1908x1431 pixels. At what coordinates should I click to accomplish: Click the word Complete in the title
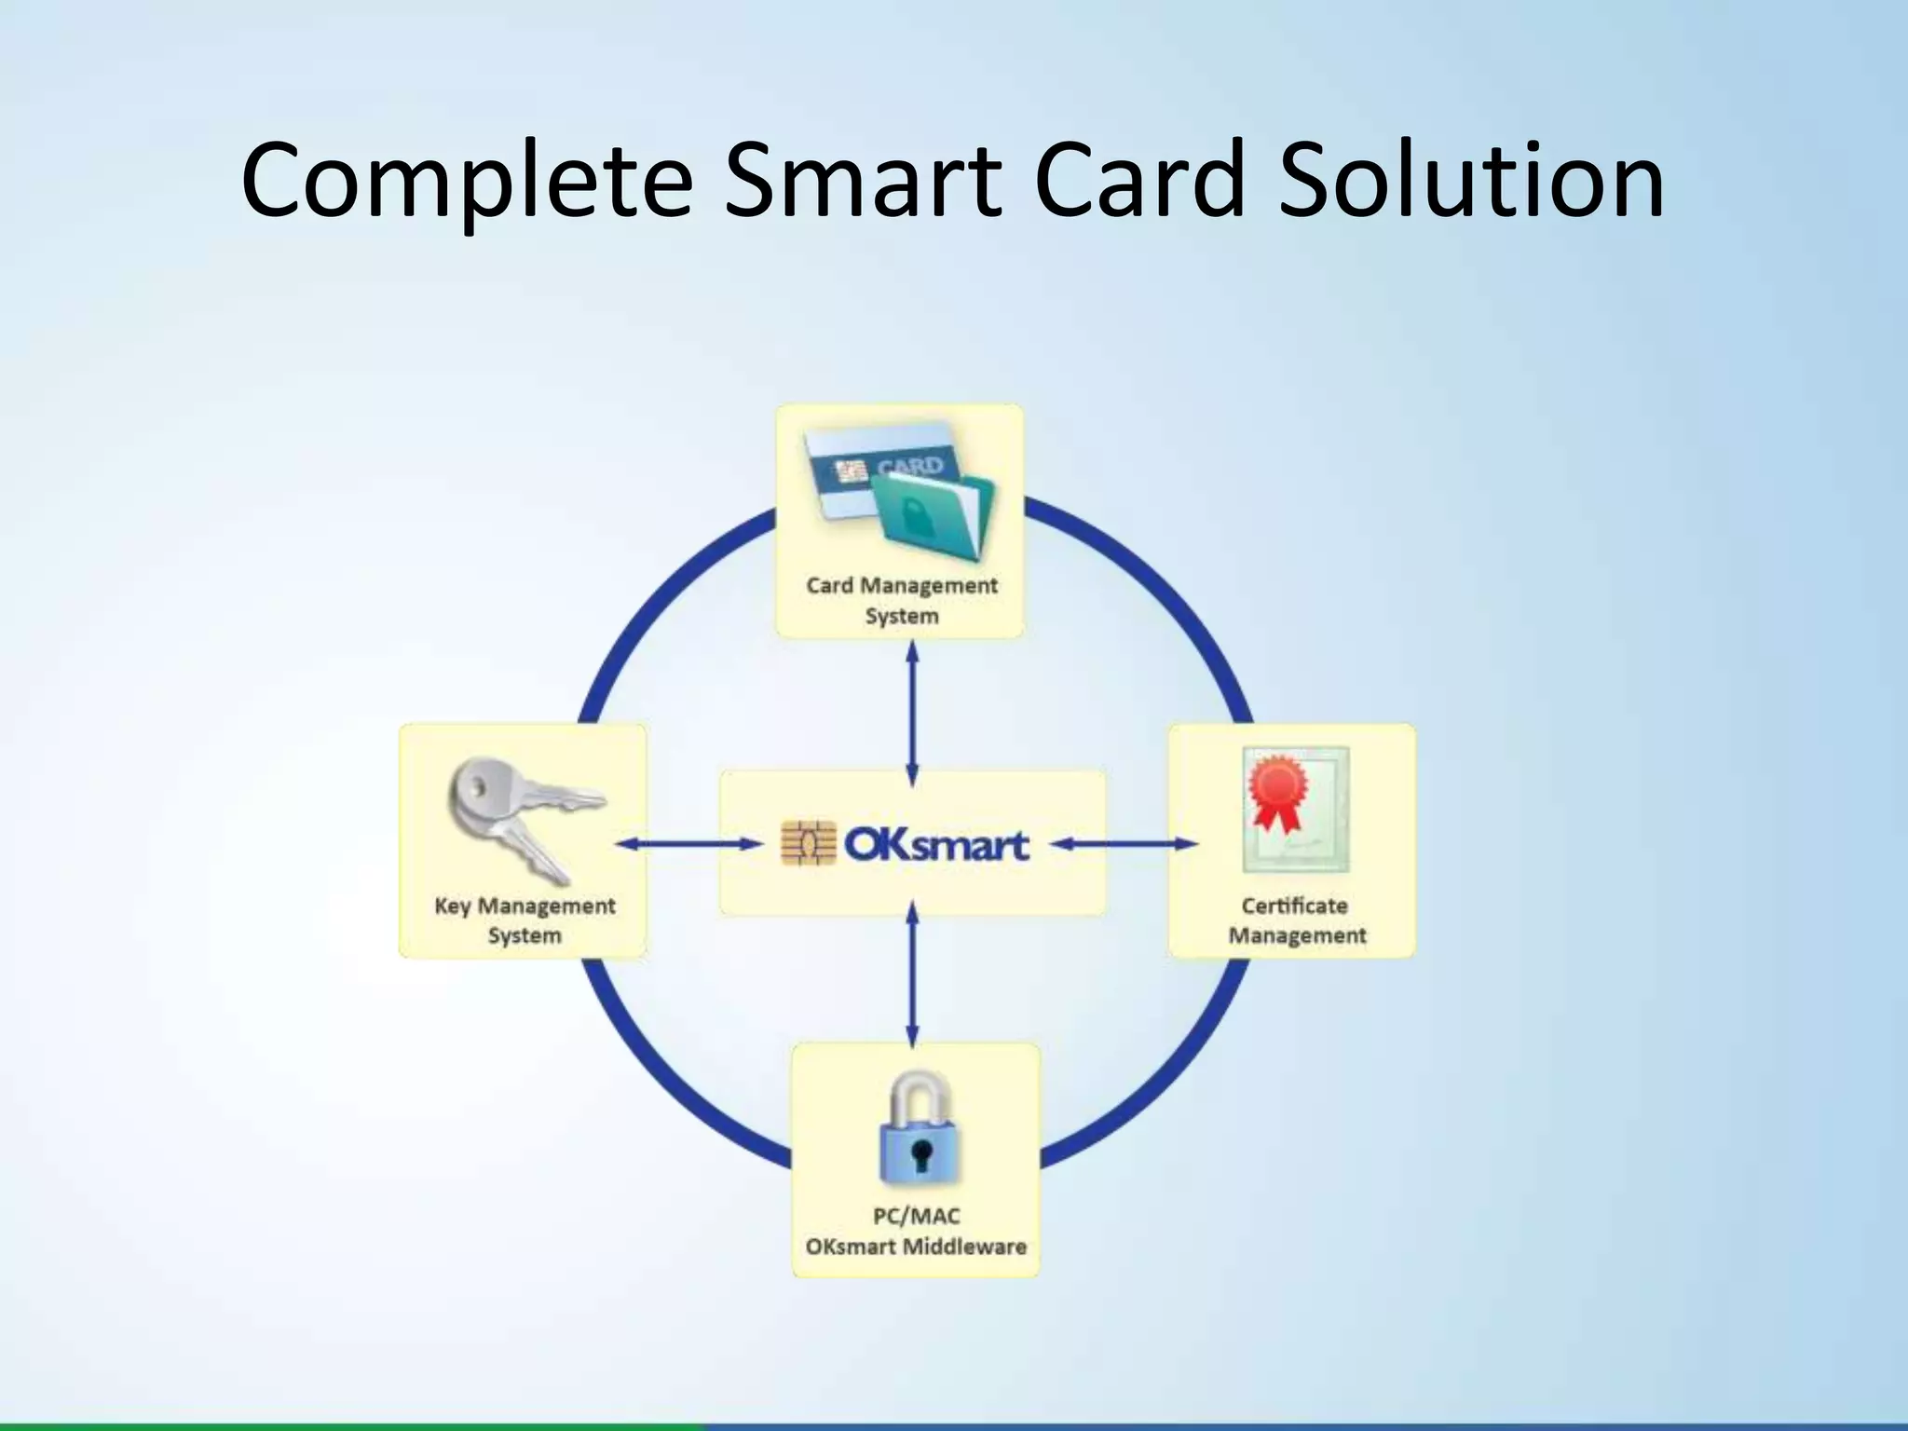[x=466, y=182]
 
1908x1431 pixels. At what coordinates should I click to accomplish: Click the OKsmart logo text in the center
[x=935, y=844]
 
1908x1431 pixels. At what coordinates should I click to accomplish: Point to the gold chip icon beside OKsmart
[x=807, y=844]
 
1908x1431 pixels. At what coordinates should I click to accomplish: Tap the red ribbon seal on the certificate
[x=1276, y=794]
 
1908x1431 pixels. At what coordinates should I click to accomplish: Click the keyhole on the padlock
[x=921, y=1155]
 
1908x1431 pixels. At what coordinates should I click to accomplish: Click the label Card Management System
[x=901, y=600]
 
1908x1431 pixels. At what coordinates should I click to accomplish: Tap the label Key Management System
[x=525, y=920]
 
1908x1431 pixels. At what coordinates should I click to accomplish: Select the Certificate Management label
[x=1296, y=920]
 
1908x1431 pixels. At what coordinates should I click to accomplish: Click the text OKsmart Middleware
[x=915, y=1247]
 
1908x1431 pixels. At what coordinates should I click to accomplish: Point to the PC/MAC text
[x=915, y=1216]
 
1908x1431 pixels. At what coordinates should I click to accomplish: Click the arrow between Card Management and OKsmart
[x=912, y=713]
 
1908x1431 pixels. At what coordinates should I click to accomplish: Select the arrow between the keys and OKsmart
[x=689, y=844]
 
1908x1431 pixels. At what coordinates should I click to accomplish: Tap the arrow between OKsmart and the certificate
[x=1126, y=844]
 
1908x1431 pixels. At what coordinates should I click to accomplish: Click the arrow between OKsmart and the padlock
[x=912, y=974]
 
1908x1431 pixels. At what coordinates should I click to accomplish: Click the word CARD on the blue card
[x=909, y=466]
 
